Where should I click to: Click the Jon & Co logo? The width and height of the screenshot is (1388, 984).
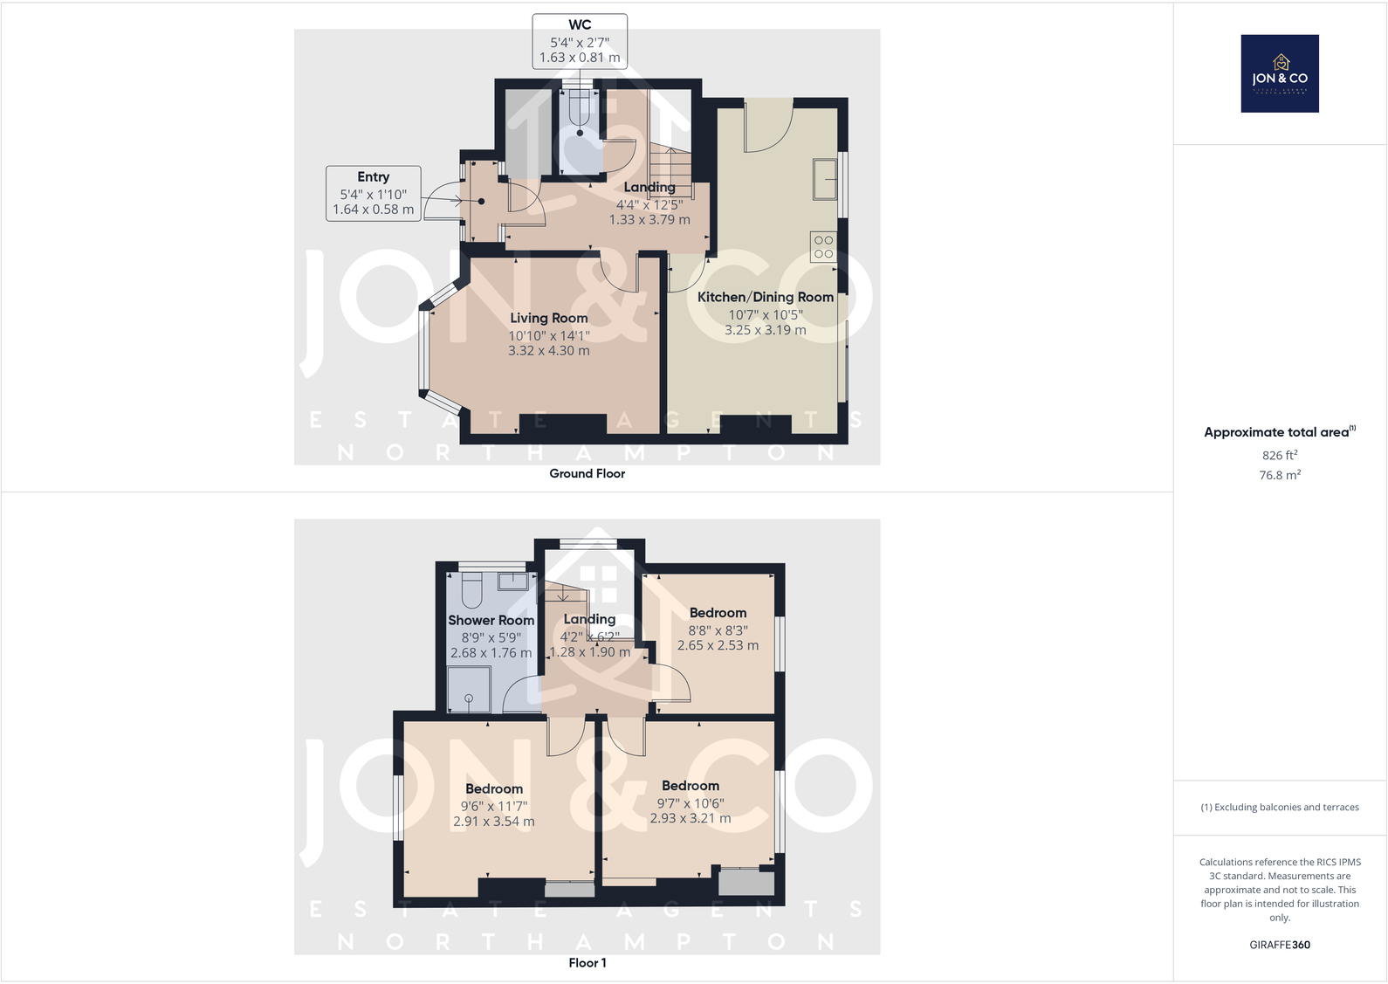pyautogui.click(x=1279, y=73)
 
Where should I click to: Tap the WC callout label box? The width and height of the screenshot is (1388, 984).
pyautogui.click(x=580, y=41)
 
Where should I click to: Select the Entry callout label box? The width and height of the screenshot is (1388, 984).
pyautogui.click(x=373, y=193)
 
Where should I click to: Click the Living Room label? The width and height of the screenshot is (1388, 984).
pyautogui.click(x=549, y=318)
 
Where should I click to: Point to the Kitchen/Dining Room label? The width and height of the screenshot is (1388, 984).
pyautogui.click(x=765, y=297)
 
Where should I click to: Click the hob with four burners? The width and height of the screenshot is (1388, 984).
pyautogui.click(x=822, y=246)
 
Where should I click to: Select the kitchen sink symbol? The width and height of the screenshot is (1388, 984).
pyautogui.click(x=825, y=179)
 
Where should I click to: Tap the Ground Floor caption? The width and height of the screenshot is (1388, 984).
pyautogui.click(x=587, y=473)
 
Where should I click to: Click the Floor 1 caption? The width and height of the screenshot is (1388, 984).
pyautogui.click(x=587, y=962)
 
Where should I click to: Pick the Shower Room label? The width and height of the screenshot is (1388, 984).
pyautogui.click(x=491, y=620)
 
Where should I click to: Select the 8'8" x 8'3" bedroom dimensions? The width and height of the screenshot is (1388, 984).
pyautogui.click(x=718, y=630)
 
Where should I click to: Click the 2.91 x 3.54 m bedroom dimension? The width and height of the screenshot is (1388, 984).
pyautogui.click(x=493, y=821)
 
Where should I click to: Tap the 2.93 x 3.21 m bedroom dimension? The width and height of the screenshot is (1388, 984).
pyautogui.click(x=690, y=818)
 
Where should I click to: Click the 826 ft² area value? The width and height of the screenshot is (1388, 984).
pyautogui.click(x=1279, y=455)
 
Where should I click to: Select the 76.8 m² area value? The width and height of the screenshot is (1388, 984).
pyautogui.click(x=1279, y=475)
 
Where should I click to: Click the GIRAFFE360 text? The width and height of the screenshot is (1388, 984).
pyautogui.click(x=1279, y=945)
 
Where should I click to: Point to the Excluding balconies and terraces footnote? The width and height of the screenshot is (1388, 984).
pyautogui.click(x=1279, y=807)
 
